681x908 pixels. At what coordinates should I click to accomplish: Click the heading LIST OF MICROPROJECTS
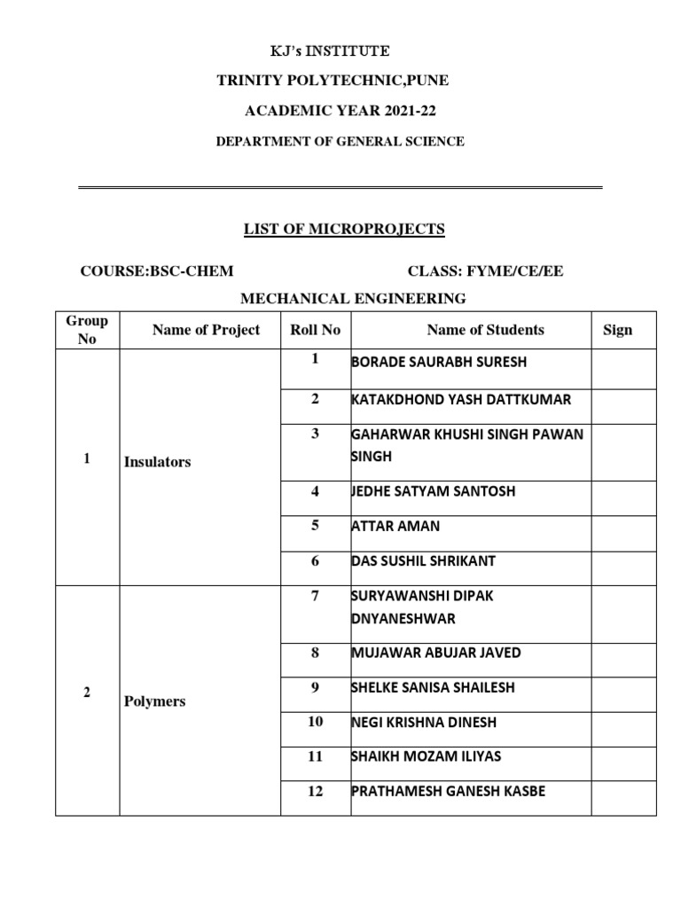point(344,231)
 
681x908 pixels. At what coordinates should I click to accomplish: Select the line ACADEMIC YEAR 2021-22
point(340,111)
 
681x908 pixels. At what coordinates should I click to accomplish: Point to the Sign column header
point(617,330)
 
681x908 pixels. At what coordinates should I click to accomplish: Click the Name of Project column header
point(206,330)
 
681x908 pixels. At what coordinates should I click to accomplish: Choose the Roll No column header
point(315,330)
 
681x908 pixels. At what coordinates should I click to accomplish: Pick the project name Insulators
point(158,462)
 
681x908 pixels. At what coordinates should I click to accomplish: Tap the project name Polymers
point(155,701)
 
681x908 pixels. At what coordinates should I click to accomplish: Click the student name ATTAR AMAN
point(395,526)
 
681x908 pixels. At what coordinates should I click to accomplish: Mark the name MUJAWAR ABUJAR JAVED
point(436,654)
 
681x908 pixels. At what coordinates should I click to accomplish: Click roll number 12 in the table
point(315,791)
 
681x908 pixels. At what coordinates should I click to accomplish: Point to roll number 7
point(314,596)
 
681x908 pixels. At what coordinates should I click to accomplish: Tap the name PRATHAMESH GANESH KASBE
point(448,791)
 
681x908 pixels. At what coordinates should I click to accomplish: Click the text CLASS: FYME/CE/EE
point(485,271)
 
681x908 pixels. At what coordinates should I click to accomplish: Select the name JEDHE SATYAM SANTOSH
point(433,491)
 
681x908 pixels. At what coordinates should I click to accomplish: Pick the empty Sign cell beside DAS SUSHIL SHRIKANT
point(624,562)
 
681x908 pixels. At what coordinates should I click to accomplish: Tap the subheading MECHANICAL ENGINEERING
point(352,298)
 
